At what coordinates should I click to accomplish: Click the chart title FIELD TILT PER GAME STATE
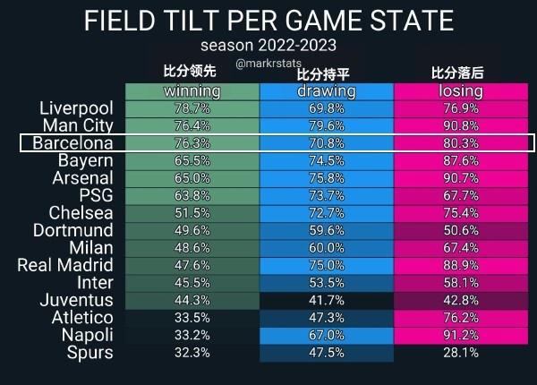tap(268, 21)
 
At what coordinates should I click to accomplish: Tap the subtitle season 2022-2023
tap(268, 45)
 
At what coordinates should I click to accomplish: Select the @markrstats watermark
tap(268, 64)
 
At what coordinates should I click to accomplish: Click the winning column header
tap(192, 91)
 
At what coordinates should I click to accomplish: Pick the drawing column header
tap(326, 91)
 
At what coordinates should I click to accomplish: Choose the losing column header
tap(461, 91)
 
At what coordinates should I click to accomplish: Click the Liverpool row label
tap(76, 108)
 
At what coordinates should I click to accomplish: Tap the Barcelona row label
tap(72, 143)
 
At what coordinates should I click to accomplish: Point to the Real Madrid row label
tap(65, 265)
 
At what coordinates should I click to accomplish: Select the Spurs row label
tap(89, 353)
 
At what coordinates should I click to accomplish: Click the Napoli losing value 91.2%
tap(461, 335)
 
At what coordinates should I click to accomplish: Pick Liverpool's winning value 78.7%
tap(192, 108)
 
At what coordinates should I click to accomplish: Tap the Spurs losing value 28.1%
tap(461, 353)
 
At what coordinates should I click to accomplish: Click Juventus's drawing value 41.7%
tap(326, 300)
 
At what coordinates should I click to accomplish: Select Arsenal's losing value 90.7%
tap(461, 178)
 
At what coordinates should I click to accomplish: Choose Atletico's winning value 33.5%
tap(192, 318)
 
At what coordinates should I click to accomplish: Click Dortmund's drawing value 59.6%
tap(326, 230)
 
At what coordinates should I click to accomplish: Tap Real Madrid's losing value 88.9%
tap(461, 265)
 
